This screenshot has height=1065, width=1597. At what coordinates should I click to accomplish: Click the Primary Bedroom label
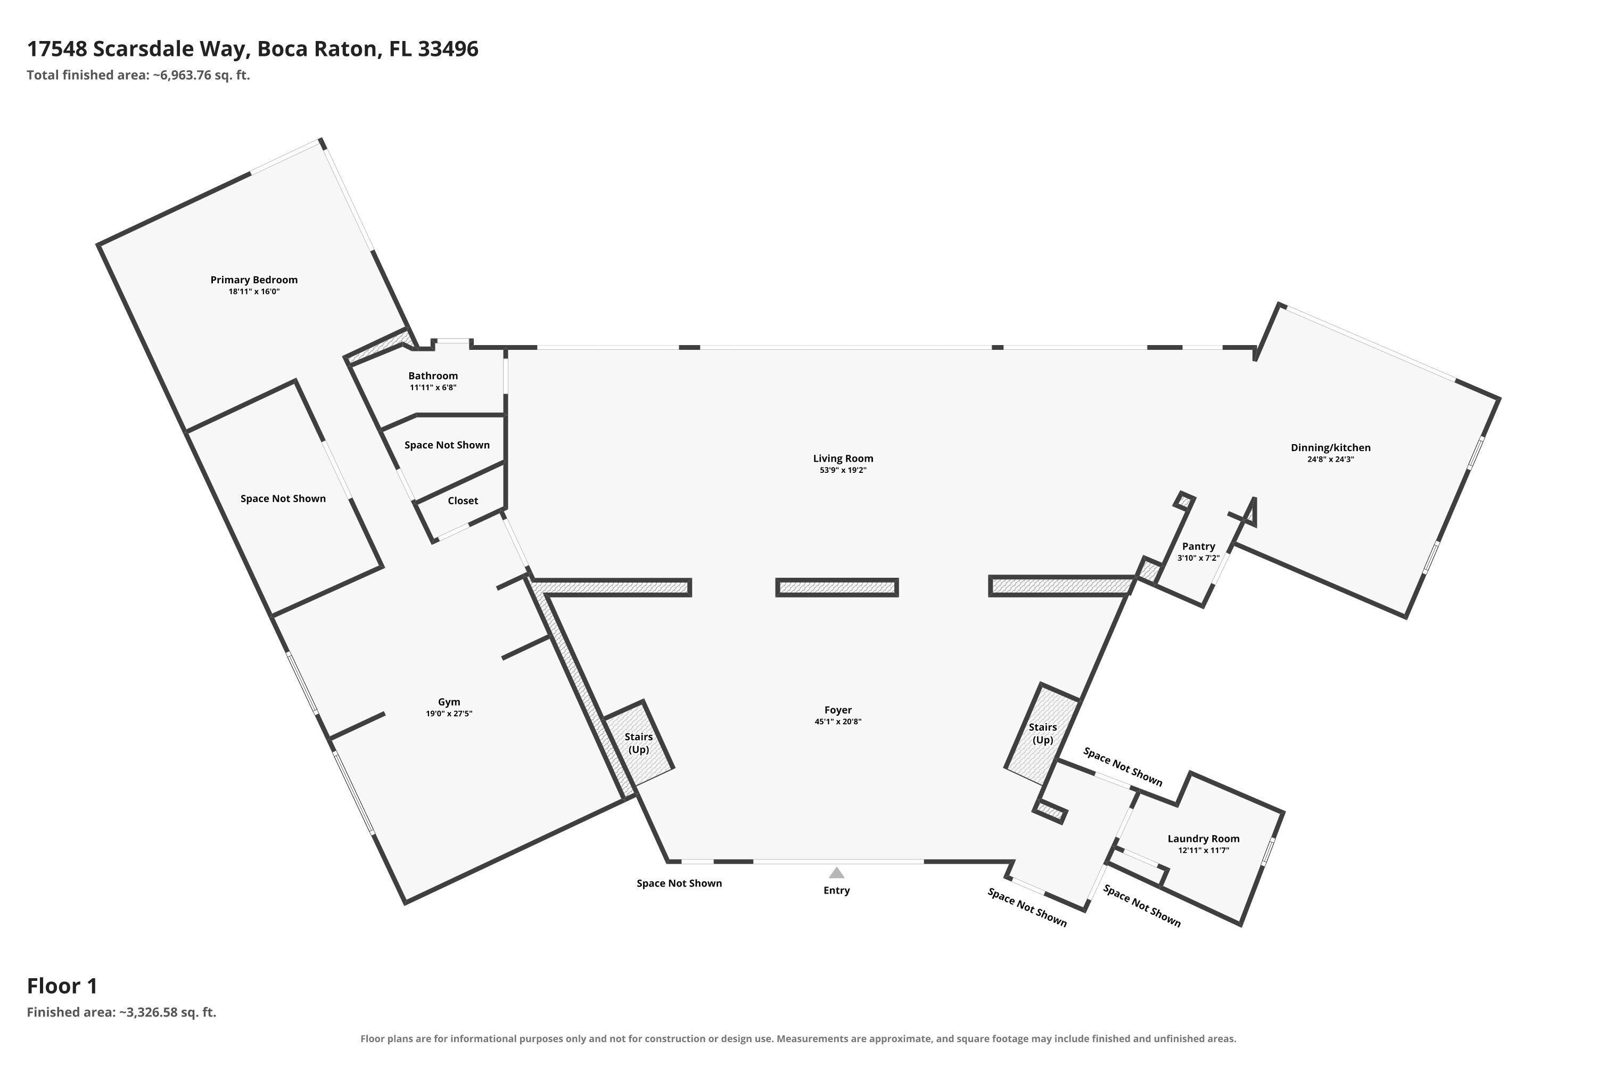point(254,280)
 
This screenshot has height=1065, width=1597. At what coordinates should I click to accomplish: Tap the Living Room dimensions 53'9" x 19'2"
point(843,470)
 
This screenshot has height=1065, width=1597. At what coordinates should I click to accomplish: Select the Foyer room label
point(838,710)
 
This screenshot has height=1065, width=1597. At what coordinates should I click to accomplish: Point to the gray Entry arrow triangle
point(836,873)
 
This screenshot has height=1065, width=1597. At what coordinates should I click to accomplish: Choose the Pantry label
point(1198,546)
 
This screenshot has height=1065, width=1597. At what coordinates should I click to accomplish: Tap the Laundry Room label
point(1203,839)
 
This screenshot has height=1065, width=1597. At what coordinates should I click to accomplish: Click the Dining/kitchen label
point(1330,448)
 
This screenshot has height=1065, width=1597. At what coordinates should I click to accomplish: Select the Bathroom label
point(433,375)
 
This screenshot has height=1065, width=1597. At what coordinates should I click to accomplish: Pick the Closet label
point(463,501)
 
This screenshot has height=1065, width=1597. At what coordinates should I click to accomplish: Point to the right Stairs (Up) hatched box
point(1042,734)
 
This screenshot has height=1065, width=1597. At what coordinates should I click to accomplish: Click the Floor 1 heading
point(62,986)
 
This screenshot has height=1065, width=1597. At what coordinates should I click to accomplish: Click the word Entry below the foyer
point(836,890)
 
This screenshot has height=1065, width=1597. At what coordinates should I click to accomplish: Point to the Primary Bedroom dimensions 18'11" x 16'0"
point(254,292)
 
